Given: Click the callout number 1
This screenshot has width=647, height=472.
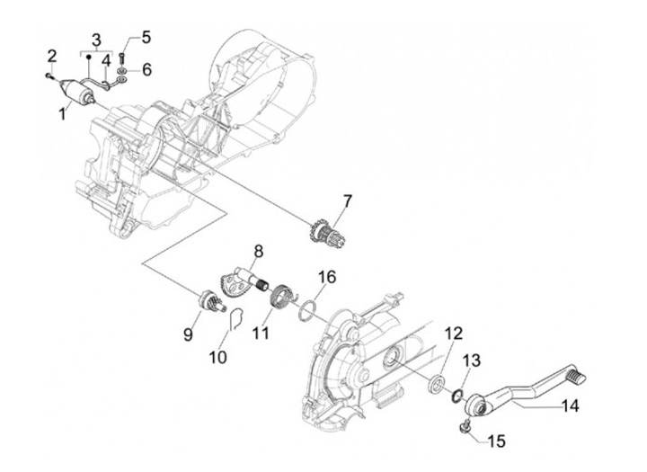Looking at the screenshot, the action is tap(62, 113).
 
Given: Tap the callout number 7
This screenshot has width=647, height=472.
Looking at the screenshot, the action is tap(348, 201).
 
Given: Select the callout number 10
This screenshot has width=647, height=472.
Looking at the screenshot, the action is tap(217, 358).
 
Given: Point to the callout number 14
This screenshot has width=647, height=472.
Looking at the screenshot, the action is tap(570, 406).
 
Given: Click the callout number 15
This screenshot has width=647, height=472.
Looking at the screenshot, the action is tap(496, 441).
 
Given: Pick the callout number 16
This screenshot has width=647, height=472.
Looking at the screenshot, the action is tap(326, 277).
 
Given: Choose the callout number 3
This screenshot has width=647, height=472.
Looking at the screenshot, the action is tap(96, 40).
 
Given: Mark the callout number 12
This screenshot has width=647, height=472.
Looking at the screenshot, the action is tap(453, 334).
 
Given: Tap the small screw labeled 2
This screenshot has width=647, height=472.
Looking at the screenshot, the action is tap(49, 76).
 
